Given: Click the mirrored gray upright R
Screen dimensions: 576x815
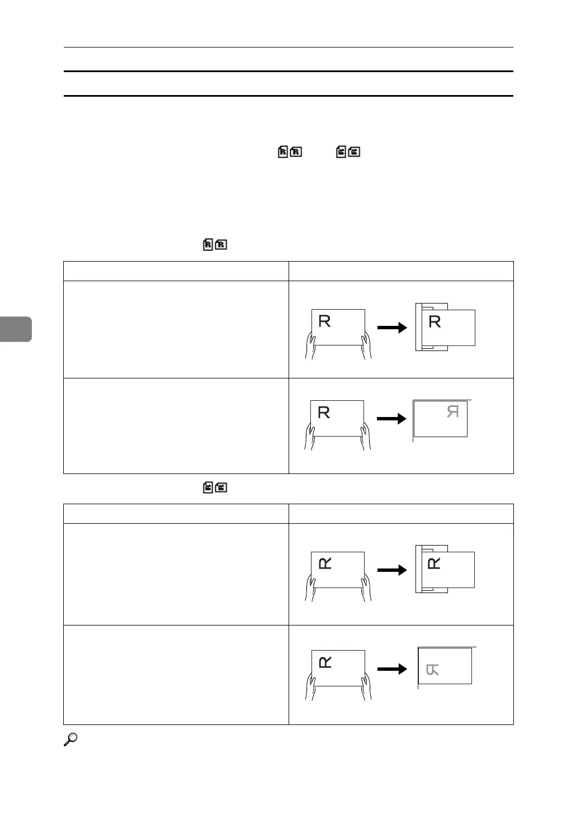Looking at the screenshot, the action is (x=453, y=412).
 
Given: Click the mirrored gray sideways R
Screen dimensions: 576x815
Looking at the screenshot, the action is (x=432, y=669).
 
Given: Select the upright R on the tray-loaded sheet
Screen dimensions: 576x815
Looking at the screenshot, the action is (x=435, y=321).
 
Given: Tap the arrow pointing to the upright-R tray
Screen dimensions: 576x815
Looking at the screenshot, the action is (x=392, y=328).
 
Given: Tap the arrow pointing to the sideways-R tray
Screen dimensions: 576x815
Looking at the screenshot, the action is (x=392, y=570).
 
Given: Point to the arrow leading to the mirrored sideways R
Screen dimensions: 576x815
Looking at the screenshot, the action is (x=392, y=669).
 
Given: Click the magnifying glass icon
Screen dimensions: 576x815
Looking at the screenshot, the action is (x=70, y=740).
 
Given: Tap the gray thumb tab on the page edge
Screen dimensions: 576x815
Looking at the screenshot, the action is (x=16, y=329).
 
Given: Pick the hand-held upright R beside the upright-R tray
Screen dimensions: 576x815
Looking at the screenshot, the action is (x=324, y=321).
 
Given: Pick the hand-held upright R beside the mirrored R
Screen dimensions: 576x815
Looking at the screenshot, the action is (x=324, y=413).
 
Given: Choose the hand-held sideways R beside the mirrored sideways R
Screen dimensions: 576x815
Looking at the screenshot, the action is (x=324, y=662).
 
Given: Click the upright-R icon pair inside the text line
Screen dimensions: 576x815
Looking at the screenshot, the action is (x=290, y=151).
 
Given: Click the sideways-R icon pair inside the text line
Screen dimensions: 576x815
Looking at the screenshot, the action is (x=348, y=151).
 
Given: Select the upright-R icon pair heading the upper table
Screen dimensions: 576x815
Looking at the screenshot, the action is (x=215, y=244).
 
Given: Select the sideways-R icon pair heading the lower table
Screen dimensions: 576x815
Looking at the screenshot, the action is (x=215, y=487).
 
